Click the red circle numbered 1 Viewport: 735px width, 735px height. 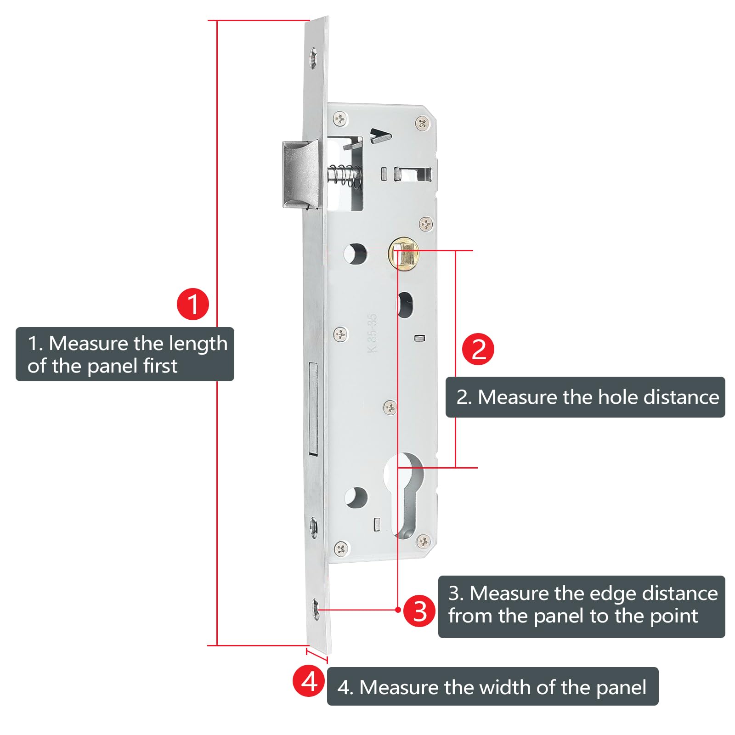pyautogui.click(x=193, y=304)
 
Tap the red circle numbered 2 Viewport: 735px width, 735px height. pyautogui.click(x=478, y=349)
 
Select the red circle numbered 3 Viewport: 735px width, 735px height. pyautogui.click(x=419, y=611)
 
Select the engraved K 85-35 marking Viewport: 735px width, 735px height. pyautogui.click(x=373, y=333)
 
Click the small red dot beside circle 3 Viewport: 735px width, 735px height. pyautogui.click(x=398, y=610)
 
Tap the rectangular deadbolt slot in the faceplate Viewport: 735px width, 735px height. pyautogui.click(x=314, y=409)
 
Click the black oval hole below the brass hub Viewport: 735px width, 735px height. pyautogui.click(x=405, y=304)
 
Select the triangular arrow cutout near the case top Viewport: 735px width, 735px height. pyautogui.click(x=380, y=136)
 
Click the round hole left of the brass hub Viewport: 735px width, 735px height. pyautogui.click(x=356, y=253)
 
